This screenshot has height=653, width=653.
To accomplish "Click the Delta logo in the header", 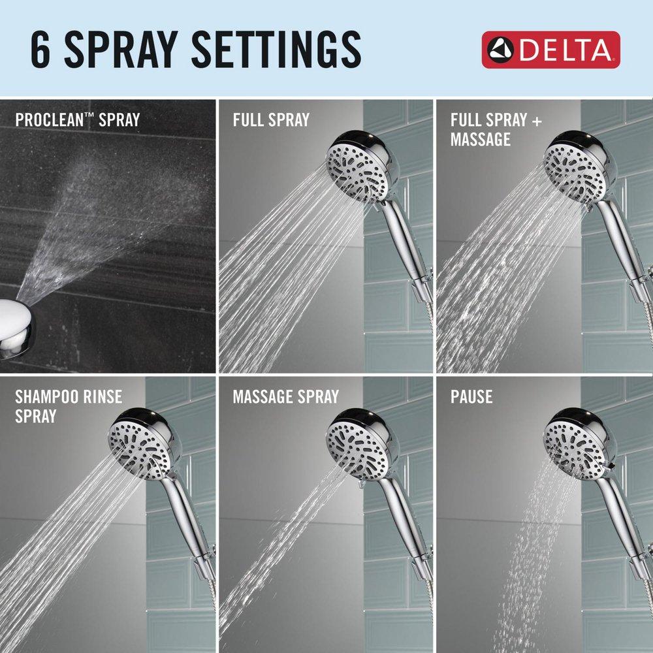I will point(550,50).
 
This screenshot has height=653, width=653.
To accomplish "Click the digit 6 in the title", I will point(40,50).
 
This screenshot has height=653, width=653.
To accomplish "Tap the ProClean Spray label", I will point(77,120).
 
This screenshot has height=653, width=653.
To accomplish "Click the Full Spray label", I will point(271,120).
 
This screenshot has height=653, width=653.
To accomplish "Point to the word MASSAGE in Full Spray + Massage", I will point(480,140).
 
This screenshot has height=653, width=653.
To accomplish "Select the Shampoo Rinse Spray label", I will point(69,406).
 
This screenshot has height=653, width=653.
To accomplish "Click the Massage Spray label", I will point(285,396).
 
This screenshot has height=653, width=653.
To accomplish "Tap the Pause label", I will point(471,396).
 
